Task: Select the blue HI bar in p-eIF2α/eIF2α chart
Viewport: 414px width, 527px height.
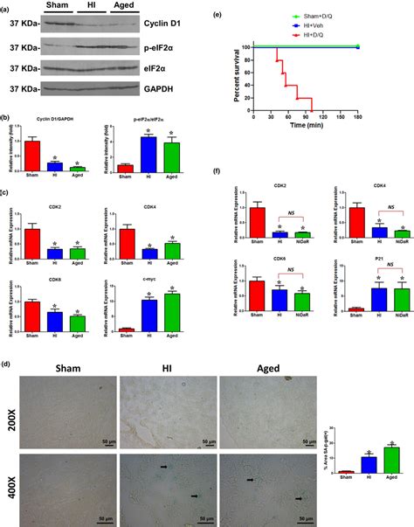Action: tap(149, 152)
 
